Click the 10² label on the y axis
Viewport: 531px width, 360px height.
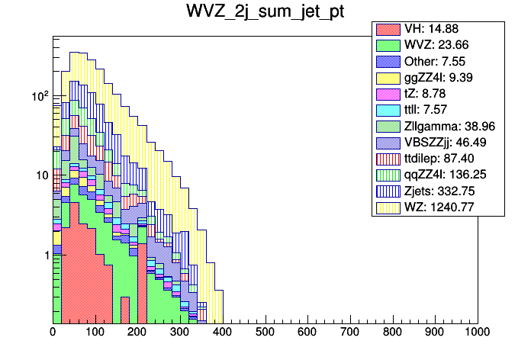pos(40,96)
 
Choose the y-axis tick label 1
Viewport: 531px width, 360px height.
pos(45,256)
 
